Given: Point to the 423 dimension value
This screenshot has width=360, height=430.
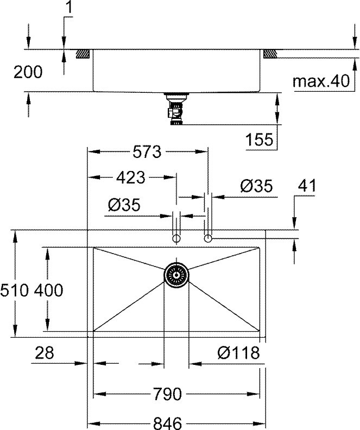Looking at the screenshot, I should tap(130, 176).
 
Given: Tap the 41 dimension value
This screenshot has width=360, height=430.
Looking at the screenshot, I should tap(307, 186).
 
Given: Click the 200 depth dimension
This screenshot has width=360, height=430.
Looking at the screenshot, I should tap(27, 72).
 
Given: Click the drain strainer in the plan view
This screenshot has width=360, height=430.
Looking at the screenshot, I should tap(176, 275).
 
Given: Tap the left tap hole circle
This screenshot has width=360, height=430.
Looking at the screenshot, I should tap(176, 238).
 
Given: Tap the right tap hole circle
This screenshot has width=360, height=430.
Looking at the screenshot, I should tap(208, 238).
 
